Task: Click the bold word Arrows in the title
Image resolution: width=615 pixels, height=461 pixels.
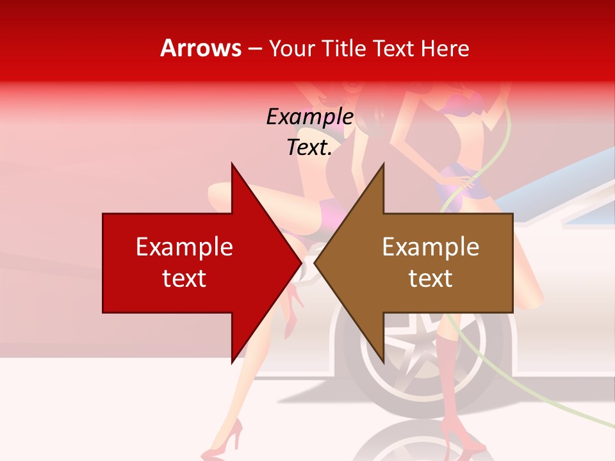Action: pos(201,48)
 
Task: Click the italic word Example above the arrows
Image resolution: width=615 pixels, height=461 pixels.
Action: pos(309,117)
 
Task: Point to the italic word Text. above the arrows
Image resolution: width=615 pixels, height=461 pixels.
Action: pos(309,147)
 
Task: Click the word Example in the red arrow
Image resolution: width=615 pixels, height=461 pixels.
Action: pos(184,247)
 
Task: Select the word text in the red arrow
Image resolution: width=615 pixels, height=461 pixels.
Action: pos(184,279)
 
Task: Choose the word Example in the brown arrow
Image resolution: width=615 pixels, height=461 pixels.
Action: pos(430,247)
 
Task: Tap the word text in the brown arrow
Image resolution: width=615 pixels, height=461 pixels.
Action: pos(430,279)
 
